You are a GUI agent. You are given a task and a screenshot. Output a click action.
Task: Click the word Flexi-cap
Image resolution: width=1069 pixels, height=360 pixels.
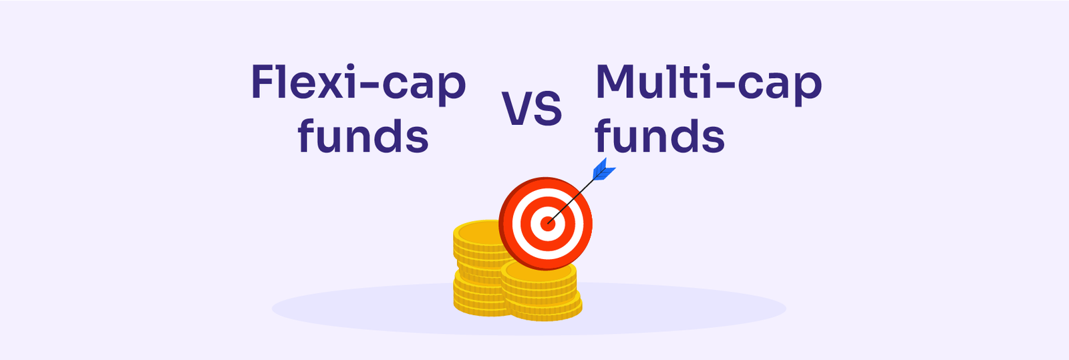[x=358, y=84]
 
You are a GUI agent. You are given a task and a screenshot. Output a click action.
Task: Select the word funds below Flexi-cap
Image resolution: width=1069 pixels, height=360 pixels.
[x=363, y=135]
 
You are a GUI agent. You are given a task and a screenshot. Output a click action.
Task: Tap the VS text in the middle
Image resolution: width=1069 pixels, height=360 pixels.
[x=532, y=109]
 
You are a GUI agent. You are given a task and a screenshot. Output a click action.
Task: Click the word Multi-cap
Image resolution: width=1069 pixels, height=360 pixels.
[x=709, y=84]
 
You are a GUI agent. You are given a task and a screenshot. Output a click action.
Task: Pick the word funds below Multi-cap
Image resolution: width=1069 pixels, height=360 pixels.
[x=659, y=135]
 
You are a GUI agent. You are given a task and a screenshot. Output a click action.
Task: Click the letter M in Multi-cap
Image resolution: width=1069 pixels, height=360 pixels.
[x=614, y=81]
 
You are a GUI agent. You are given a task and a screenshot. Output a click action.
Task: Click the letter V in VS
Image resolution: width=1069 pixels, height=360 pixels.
[x=517, y=109]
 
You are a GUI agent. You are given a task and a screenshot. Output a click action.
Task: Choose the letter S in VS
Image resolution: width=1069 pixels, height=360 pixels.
[x=549, y=109]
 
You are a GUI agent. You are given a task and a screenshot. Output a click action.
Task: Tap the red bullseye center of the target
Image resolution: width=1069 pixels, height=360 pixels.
[x=547, y=224]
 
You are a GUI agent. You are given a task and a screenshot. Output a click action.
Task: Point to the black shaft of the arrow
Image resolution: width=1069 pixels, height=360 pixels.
[x=571, y=201]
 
